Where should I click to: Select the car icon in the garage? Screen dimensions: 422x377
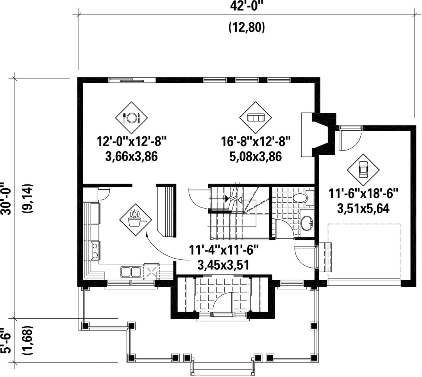363,170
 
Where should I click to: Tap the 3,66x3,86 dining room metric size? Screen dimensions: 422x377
131,156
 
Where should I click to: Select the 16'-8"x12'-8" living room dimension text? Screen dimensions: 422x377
256,141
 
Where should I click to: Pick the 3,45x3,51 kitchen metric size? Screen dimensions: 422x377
223,265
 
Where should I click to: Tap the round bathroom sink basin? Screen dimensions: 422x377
307,223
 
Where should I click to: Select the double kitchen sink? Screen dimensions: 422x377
131,272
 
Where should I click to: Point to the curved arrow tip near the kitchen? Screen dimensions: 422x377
147,234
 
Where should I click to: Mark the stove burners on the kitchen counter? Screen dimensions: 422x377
95,250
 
